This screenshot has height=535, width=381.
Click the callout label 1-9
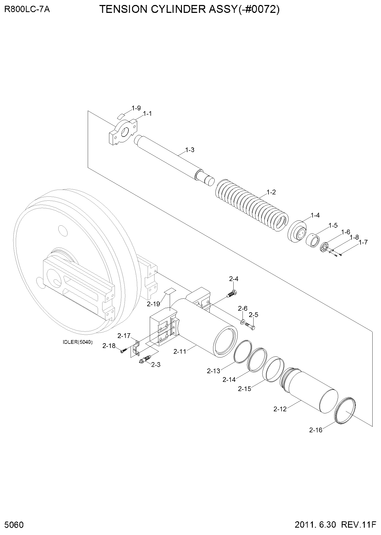point(136,108)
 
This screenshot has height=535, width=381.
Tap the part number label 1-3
point(190,150)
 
